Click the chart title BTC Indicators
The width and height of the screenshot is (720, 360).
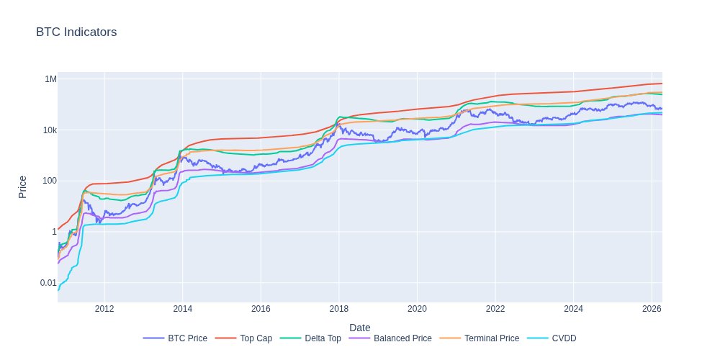(x=76, y=32)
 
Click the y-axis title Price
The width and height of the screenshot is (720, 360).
(x=22, y=187)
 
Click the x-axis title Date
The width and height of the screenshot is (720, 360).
(x=360, y=328)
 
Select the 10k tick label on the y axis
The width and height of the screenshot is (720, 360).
(x=48, y=130)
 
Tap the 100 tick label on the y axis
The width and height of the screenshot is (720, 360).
(x=48, y=181)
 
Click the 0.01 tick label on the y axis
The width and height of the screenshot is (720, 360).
(x=47, y=282)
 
